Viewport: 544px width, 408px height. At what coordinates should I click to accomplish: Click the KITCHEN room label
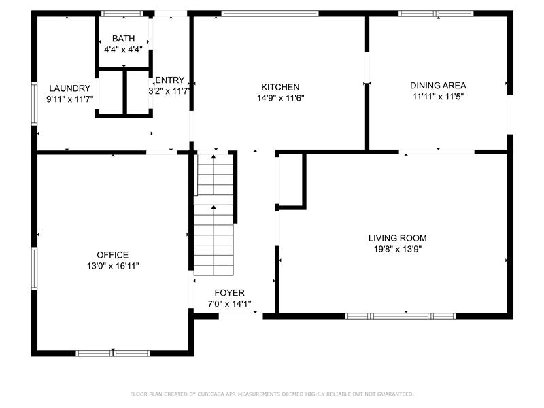tap(280, 87)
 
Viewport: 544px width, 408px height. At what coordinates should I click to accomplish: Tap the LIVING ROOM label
tap(398, 238)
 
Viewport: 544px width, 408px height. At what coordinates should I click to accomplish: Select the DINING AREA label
tap(438, 86)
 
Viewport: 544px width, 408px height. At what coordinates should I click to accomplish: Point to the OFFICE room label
tap(113, 255)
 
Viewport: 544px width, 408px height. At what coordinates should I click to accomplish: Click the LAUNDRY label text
tap(70, 88)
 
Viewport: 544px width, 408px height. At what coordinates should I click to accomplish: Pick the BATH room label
tap(124, 39)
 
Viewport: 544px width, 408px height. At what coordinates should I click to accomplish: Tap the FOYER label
tap(229, 293)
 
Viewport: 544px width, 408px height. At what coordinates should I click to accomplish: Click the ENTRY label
tap(169, 80)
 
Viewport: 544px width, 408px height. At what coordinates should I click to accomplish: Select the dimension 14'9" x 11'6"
tap(280, 98)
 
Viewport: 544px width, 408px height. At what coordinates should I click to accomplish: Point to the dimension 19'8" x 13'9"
tap(398, 249)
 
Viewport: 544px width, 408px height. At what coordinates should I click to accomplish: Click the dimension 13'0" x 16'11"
tap(113, 266)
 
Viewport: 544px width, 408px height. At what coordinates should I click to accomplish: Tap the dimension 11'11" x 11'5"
tap(438, 97)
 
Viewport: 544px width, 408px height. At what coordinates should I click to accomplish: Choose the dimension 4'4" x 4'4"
tap(124, 50)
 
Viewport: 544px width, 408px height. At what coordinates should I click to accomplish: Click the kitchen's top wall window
tap(270, 14)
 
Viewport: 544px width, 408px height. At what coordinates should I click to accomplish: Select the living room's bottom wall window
tap(401, 316)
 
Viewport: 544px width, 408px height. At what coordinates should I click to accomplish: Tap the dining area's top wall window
tap(436, 14)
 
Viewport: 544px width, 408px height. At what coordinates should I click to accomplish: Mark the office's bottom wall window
tap(113, 354)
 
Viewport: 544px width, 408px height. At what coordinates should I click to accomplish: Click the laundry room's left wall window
tap(34, 104)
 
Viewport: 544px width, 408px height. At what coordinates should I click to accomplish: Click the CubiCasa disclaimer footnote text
tap(272, 394)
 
